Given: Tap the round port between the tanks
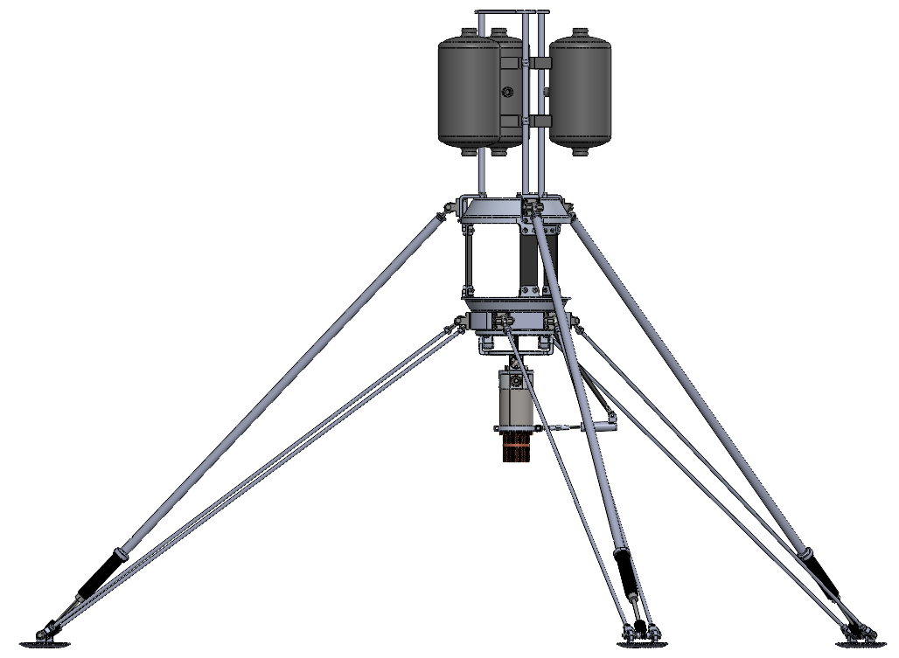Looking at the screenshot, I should [x=506, y=92].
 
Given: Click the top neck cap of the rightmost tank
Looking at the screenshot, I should [x=580, y=33].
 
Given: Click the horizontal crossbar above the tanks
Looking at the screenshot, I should [x=512, y=11].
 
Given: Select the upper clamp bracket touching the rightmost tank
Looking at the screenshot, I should [x=540, y=63].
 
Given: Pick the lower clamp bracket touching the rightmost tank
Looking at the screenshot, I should [x=540, y=121].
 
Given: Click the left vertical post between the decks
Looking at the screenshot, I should [x=469, y=260].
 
